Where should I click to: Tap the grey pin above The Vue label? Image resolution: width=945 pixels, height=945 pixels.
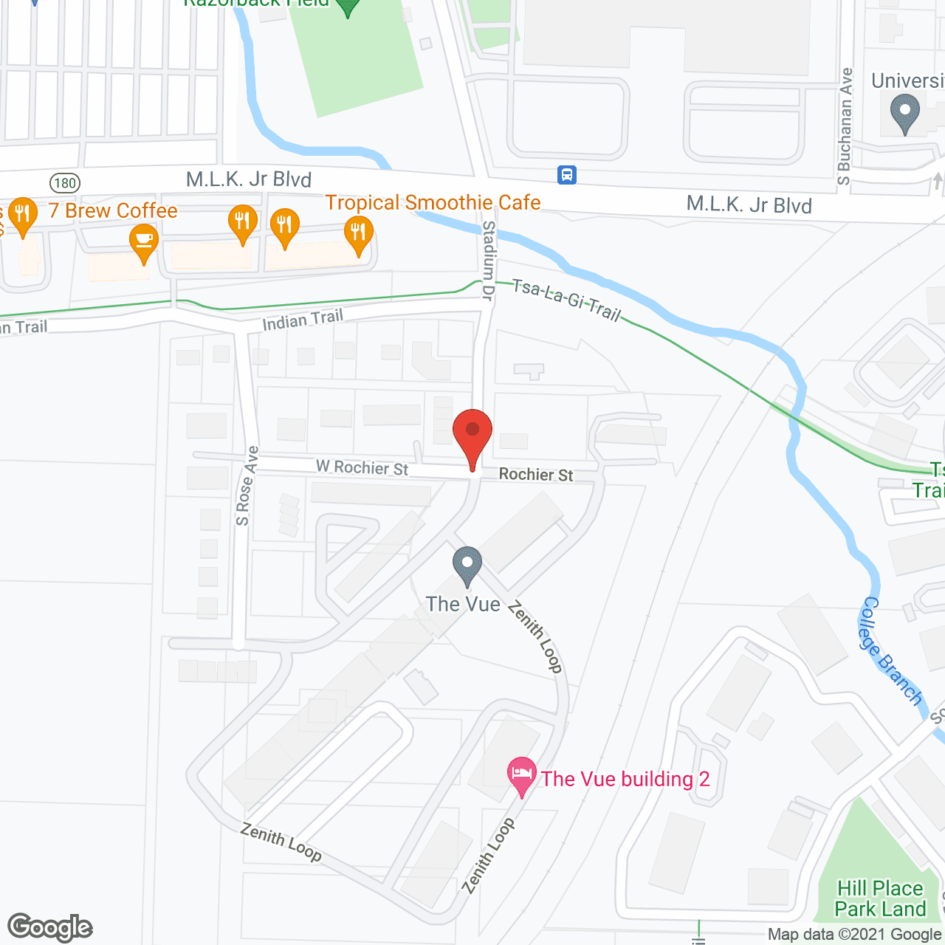point(467,566)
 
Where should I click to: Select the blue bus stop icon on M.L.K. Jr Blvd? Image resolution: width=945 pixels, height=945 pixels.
point(566,175)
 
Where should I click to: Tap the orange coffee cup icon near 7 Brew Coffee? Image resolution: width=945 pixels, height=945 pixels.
point(144,243)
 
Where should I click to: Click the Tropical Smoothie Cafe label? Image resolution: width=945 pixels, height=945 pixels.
point(433,202)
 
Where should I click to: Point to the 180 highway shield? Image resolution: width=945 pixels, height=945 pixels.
point(65,182)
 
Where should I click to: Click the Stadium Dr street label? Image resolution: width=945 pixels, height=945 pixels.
point(488,260)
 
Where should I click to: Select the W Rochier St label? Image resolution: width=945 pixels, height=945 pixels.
point(362,467)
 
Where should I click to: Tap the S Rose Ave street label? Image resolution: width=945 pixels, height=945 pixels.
point(247,486)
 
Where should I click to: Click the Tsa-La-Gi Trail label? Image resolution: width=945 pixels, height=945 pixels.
point(566,300)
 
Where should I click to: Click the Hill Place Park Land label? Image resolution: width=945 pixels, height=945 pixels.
point(880,898)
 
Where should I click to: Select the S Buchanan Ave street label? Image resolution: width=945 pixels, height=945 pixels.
point(845,126)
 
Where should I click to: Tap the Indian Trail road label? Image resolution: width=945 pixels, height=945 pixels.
point(303,320)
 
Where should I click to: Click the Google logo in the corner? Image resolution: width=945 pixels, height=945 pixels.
point(50,927)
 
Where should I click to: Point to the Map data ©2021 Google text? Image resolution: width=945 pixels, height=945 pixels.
point(855,935)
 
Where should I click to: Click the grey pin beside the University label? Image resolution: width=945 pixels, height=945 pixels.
point(904,114)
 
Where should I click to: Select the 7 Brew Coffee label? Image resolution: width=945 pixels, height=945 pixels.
point(113,211)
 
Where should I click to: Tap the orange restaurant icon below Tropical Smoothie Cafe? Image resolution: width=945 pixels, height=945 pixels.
point(358,236)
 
